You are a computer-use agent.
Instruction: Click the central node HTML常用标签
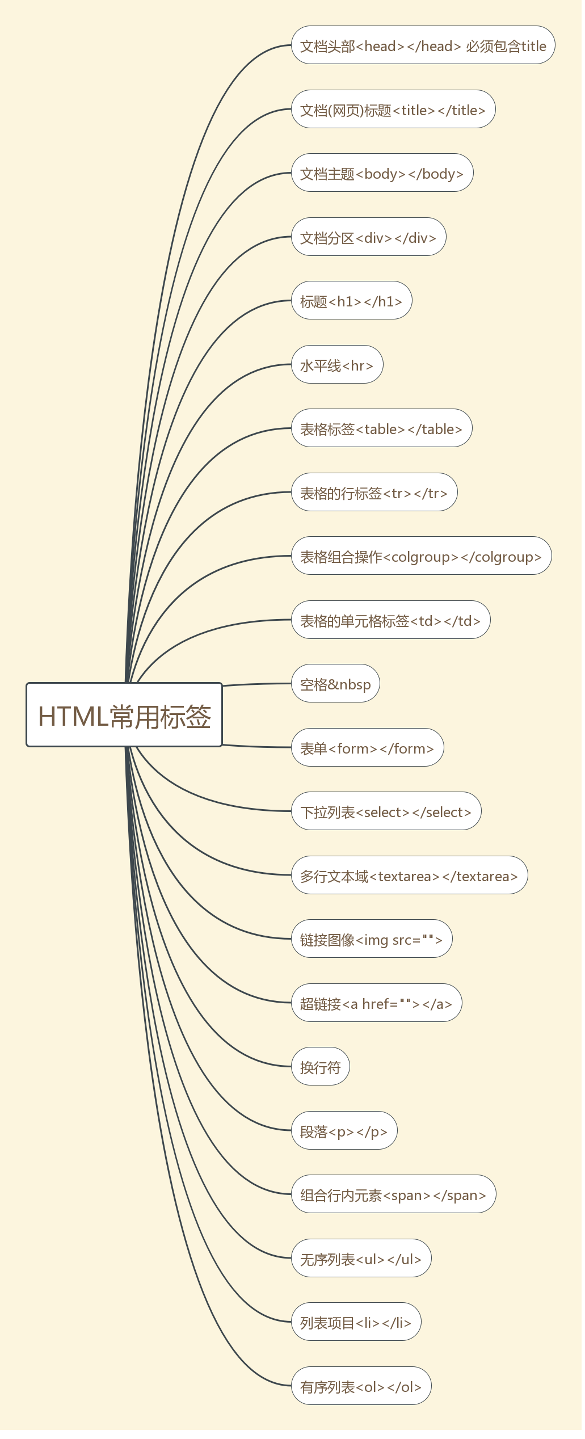124,715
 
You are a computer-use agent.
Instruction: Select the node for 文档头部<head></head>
423,45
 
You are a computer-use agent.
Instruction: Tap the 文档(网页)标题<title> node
393,110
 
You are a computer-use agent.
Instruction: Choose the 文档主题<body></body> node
382,173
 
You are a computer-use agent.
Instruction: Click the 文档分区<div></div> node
368,237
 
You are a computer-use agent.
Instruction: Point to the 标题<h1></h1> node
351,301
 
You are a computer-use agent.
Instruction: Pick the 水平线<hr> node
337,365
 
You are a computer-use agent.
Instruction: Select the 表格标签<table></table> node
381,428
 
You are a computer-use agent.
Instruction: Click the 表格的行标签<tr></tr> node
374,493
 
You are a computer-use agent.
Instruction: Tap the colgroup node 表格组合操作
421,556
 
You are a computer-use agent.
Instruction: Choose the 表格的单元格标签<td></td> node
390,620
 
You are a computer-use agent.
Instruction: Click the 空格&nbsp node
335,684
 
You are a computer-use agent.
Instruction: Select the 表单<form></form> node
367,748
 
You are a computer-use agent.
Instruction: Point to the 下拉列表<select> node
386,811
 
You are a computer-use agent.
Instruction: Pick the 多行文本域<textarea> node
409,876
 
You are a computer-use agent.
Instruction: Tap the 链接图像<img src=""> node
372,939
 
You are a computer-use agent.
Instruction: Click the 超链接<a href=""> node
376,1003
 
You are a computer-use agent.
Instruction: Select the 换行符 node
321,1067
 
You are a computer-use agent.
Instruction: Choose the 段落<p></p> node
344,1131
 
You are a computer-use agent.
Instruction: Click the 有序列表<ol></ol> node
361,1386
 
